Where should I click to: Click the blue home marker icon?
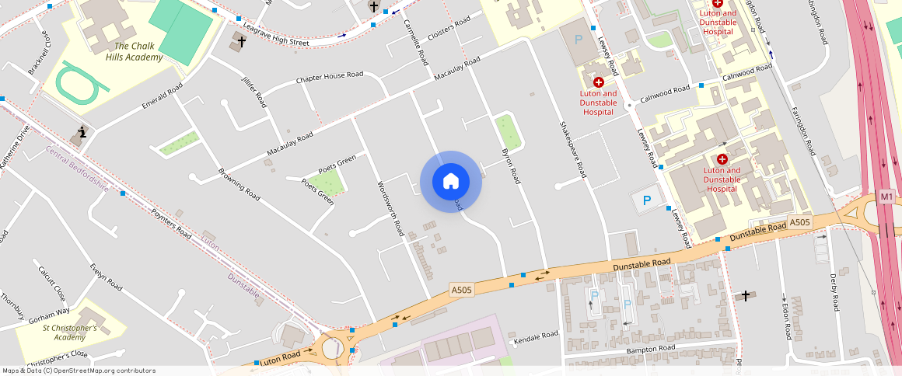(x=450, y=182)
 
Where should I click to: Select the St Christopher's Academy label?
(x=70, y=332)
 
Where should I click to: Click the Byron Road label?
(x=511, y=165)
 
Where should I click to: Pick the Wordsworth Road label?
(x=390, y=208)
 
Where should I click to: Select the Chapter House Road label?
(x=329, y=78)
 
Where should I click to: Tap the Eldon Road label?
(x=786, y=319)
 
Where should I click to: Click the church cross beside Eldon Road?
(x=746, y=295)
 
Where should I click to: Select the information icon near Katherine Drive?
(x=82, y=132)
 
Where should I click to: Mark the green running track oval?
(x=81, y=82)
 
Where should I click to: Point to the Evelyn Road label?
(x=107, y=277)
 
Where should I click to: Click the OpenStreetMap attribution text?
(x=79, y=371)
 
